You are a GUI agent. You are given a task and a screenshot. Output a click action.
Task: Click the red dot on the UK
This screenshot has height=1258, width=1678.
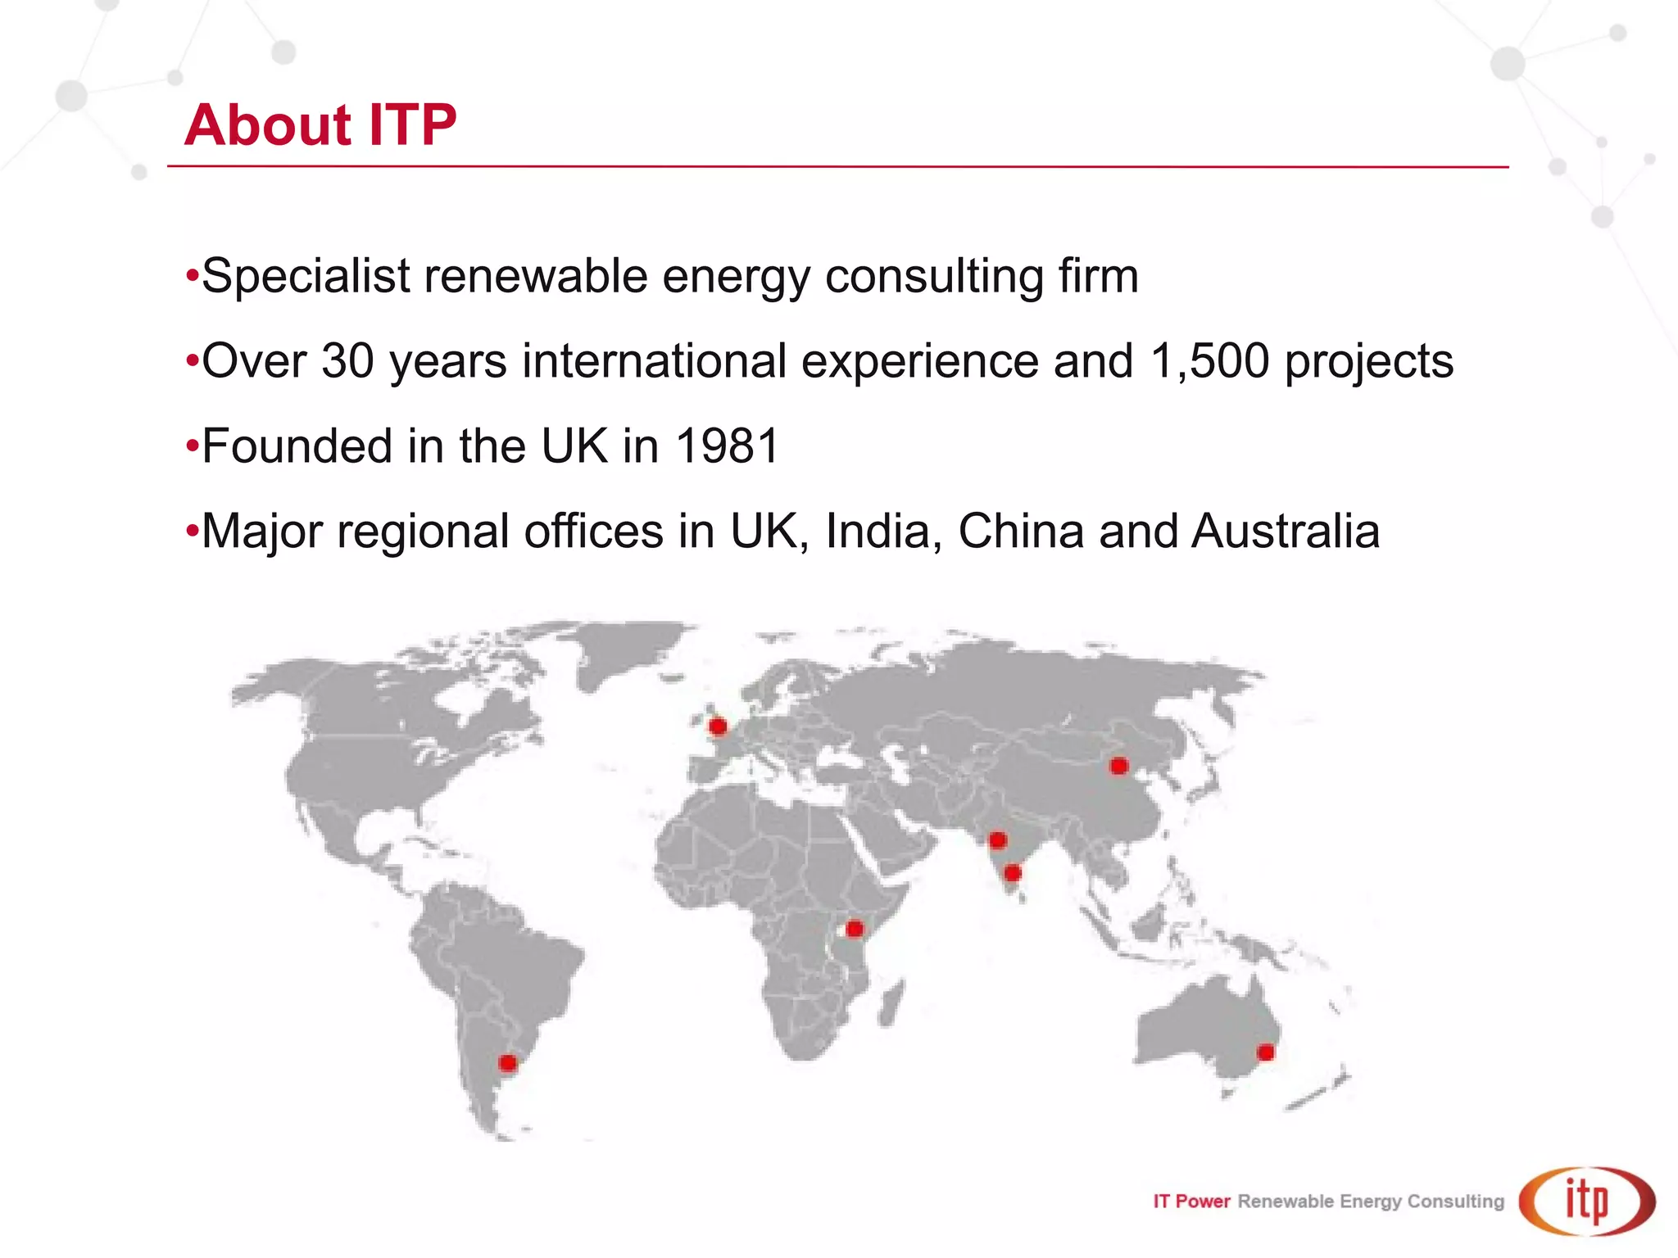pyautogui.click(x=718, y=726)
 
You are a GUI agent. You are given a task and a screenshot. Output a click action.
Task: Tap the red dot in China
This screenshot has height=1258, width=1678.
pyautogui.click(x=1119, y=766)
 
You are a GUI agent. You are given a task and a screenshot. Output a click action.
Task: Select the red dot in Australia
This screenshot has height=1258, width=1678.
pyautogui.click(x=1266, y=1052)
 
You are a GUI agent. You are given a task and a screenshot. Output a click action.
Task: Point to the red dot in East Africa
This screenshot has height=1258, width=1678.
pyautogui.click(x=855, y=929)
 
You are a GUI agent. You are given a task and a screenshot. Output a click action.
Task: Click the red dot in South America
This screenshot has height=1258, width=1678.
pyautogui.click(x=508, y=1063)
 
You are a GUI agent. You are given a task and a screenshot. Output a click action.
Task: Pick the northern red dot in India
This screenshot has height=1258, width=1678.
pyautogui.click(x=997, y=840)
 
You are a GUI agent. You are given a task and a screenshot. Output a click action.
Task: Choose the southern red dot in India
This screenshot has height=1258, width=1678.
pyautogui.click(x=1013, y=873)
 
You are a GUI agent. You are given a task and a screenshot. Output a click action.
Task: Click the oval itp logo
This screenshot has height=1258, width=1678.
pyautogui.click(x=1587, y=1201)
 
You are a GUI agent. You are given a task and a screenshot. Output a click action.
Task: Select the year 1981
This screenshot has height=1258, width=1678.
pyautogui.click(x=727, y=446)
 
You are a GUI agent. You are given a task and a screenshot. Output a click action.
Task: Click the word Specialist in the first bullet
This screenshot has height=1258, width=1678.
pyautogui.click(x=306, y=276)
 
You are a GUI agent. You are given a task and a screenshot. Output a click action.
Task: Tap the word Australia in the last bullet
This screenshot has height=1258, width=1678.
pyautogui.click(x=1286, y=532)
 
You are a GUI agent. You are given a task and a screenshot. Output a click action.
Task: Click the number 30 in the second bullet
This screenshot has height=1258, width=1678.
pyautogui.click(x=347, y=361)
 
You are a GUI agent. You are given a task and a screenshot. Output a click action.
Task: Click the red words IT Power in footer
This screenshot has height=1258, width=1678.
pyautogui.click(x=1191, y=1201)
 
